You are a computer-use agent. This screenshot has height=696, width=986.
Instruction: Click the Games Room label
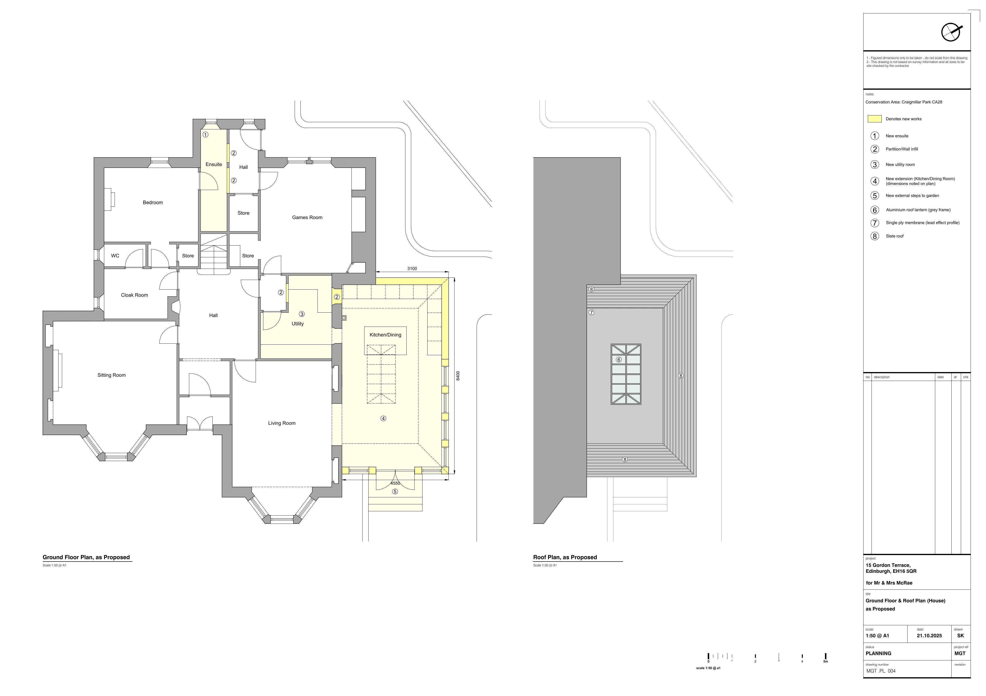click(x=307, y=218)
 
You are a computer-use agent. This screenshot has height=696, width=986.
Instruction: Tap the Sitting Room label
click(x=112, y=375)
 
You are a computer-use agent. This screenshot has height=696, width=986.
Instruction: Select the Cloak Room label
click(x=134, y=295)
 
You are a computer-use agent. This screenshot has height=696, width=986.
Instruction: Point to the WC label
click(x=115, y=256)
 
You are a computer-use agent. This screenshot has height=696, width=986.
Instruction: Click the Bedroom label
click(x=153, y=202)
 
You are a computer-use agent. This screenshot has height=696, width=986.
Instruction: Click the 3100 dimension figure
click(x=412, y=269)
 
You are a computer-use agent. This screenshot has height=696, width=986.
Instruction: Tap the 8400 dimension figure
click(x=458, y=376)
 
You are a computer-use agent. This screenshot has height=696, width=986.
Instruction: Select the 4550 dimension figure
click(x=395, y=483)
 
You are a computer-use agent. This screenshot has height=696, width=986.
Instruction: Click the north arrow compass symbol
click(x=951, y=32)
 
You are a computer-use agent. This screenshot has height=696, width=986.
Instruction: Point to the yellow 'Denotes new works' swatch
click(x=875, y=119)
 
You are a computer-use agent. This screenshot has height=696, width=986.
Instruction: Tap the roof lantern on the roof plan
click(x=626, y=374)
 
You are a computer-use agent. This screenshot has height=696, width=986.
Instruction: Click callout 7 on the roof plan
click(x=591, y=312)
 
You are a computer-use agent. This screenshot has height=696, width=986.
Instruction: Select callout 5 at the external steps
click(x=395, y=492)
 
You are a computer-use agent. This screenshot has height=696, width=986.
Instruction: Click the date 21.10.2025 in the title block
click(x=929, y=635)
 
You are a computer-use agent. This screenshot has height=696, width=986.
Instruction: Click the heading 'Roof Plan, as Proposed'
click(x=565, y=557)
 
